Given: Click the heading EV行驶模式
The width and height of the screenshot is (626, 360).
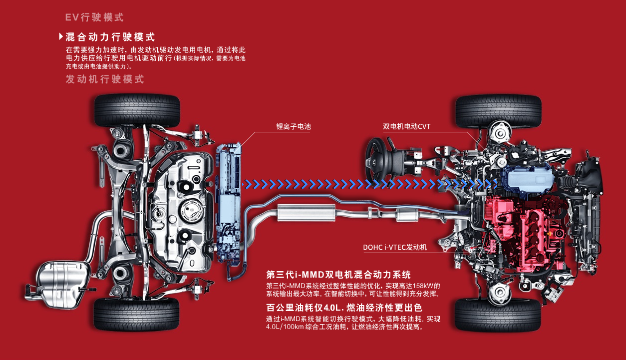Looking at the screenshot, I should coord(94,17).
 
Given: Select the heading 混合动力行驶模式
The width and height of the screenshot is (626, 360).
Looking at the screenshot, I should coord(110,37).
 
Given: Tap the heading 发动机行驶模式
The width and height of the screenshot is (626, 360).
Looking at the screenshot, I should coord(105,79).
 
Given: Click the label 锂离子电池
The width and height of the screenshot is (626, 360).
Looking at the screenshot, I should coord(294,127).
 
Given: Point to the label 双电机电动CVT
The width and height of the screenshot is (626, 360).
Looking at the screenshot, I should coord(406,127).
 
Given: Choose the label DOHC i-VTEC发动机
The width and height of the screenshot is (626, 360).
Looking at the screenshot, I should coord(395,247).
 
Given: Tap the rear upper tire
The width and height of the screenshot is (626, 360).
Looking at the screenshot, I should coord(136,110).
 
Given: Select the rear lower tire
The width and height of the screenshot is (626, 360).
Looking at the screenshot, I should coord(136,314).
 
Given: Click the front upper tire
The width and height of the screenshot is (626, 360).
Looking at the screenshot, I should coord(498,110).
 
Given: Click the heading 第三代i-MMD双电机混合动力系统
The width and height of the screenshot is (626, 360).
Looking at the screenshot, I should coord(338,275).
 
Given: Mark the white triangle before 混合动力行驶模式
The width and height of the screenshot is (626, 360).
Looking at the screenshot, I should coord(61,37).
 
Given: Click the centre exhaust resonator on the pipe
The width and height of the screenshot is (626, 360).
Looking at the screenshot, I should coord(306,213).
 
